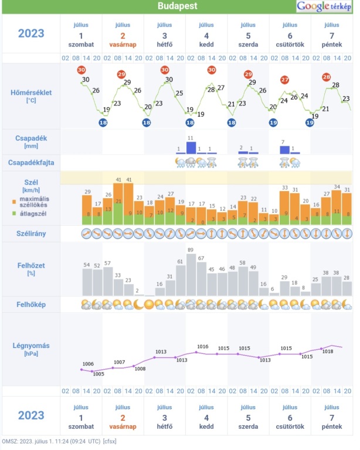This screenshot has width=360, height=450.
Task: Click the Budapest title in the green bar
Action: [x=178, y=6]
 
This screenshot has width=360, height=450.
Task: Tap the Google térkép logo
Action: [x=325, y=6]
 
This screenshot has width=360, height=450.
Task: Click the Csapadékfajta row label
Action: [x=31, y=162]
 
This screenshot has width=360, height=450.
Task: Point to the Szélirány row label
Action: [x=31, y=233]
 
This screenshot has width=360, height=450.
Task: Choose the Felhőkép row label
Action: [x=31, y=305]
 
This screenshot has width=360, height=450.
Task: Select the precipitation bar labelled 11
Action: [x=191, y=148]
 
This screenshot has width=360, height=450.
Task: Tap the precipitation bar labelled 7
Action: [x=285, y=150]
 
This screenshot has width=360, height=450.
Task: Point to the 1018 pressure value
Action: [x=327, y=352]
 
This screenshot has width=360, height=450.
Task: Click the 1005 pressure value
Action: [x=98, y=373]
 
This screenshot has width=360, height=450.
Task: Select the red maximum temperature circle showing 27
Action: [x=285, y=80]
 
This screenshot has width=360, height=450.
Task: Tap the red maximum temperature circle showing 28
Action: [x=327, y=77]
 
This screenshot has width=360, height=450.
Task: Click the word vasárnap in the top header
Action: [x=123, y=44]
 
